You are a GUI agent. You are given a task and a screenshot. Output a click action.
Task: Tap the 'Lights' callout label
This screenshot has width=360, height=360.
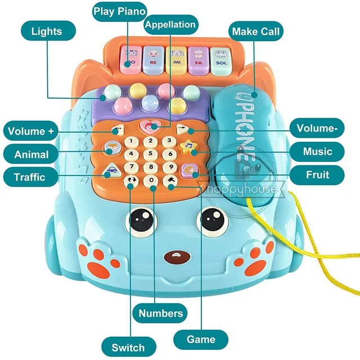point(46,31)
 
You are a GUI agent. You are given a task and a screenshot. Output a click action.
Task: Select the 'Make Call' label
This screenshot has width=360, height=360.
point(255,31)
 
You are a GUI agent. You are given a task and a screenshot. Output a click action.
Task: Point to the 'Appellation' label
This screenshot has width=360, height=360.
point(170,24)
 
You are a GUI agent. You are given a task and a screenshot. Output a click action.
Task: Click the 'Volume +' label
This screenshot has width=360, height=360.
point(31,132)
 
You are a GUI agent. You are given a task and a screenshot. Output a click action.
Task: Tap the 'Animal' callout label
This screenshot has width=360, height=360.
point(31,154)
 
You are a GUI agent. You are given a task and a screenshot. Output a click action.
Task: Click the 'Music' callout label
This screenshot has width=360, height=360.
point(317,151)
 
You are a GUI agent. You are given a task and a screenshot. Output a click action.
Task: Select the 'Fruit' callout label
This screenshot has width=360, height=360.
point(317,174)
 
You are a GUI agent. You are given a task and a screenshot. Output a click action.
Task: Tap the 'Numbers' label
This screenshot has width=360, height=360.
point(161,313)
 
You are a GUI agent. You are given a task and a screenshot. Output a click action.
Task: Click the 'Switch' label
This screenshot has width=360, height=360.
point(128,346)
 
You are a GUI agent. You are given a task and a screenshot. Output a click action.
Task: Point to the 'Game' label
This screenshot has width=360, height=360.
point(201,339)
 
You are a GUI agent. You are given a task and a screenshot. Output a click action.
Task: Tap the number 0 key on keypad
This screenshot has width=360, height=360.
point(151,181)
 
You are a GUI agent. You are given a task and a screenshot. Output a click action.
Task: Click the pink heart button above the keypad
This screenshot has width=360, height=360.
point(151,126)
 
